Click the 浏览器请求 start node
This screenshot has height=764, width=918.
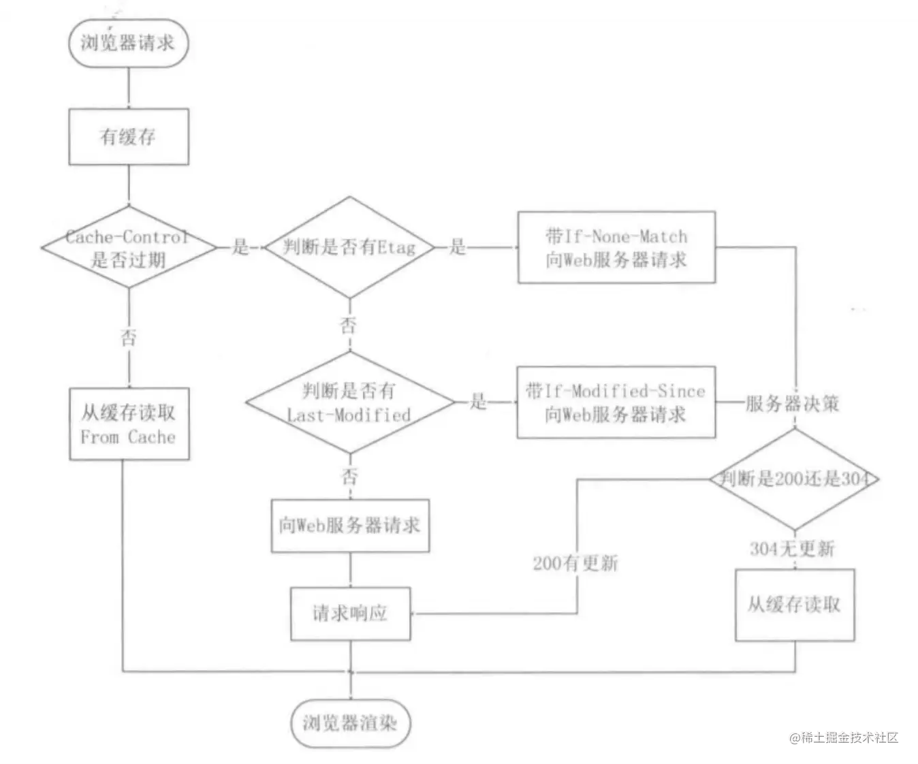[x=129, y=43]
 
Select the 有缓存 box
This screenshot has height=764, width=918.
[x=129, y=137]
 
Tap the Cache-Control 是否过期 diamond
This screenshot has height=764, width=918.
[x=129, y=247]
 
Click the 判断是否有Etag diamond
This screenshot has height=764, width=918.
[x=350, y=247]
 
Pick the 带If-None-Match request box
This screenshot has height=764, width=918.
[x=616, y=247]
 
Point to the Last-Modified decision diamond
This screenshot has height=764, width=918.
[x=350, y=402]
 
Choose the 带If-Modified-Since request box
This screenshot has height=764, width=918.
[x=616, y=402]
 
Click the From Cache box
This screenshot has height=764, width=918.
[x=129, y=424]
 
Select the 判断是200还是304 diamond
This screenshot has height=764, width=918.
[x=794, y=479]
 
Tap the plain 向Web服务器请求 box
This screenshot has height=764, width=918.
[x=350, y=526]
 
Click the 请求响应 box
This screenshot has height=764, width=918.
[x=351, y=614]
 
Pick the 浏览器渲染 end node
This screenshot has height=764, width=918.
[x=351, y=724]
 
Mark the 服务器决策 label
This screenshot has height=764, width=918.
[x=792, y=404]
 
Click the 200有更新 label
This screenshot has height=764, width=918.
[x=575, y=563]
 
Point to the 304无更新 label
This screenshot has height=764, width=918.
[x=792, y=549]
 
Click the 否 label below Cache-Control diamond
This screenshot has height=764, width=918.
[x=129, y=338]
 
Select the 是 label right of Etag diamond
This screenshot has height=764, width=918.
[x=457, y=246]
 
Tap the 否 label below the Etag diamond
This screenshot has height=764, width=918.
[x=348, y=325]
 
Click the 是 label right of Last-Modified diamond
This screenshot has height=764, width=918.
[x=478, y=401]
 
